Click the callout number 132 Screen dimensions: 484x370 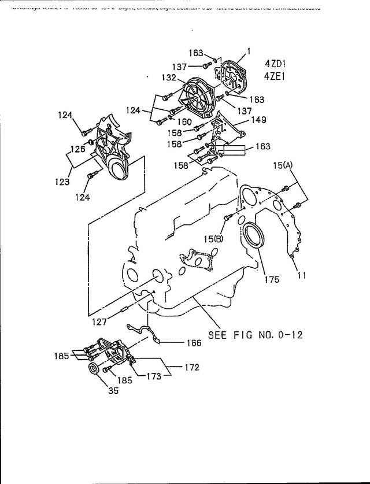[169, 77]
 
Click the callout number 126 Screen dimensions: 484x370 [78, 149]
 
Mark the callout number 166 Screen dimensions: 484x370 [194, 343]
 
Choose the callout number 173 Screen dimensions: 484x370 [153, 376]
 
